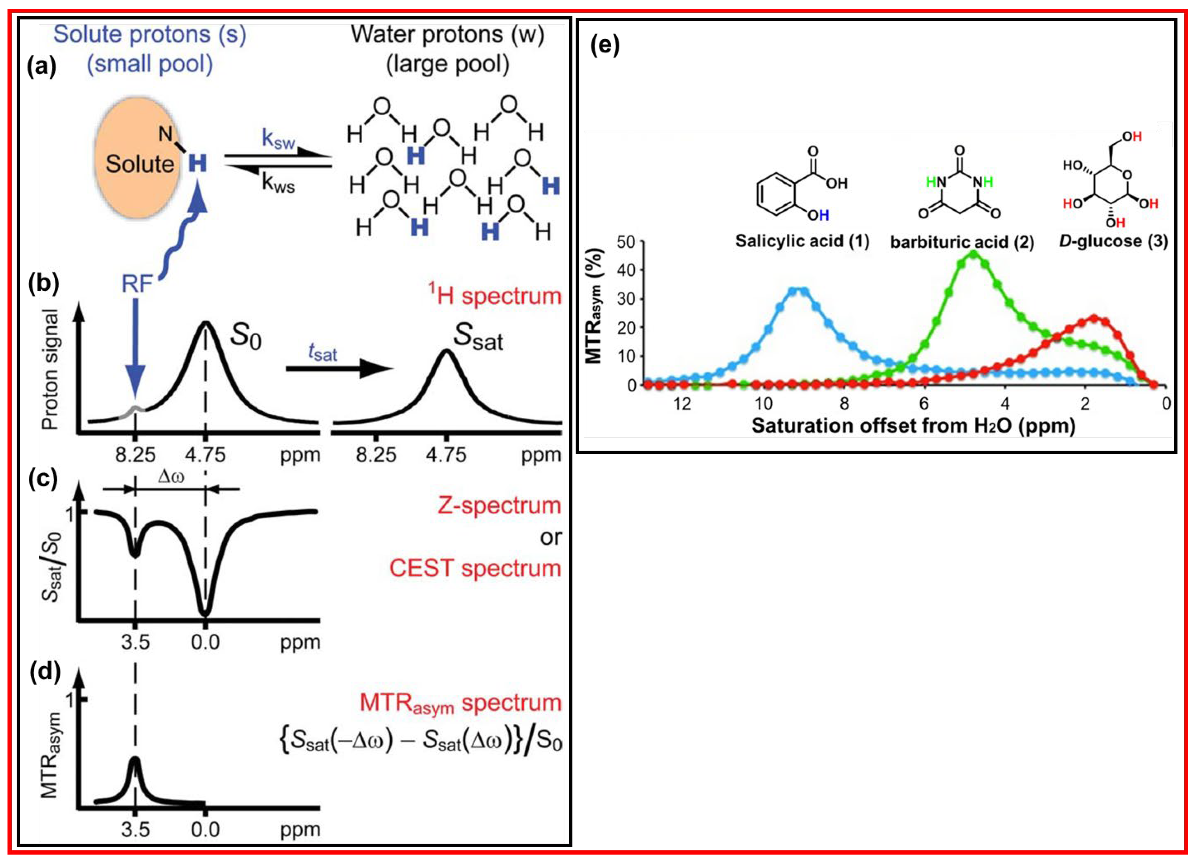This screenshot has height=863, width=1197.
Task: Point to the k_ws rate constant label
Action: (x=278, y=183)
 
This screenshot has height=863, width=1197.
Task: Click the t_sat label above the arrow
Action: (x=323, y=352)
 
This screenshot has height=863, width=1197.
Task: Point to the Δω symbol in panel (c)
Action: (x=171, y=477)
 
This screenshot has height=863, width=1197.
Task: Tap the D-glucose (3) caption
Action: (x=1113, y=241)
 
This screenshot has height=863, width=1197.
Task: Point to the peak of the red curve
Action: (x=1094, y=318)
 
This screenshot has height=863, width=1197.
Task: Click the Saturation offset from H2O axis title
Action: (x=913, y=426)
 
